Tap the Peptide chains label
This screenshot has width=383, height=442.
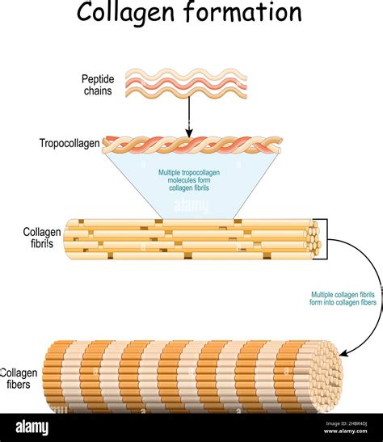[98, 85]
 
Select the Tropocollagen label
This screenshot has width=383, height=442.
[69, 144]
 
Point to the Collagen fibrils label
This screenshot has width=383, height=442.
[41, 238]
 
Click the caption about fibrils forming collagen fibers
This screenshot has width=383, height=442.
[343, 298]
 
